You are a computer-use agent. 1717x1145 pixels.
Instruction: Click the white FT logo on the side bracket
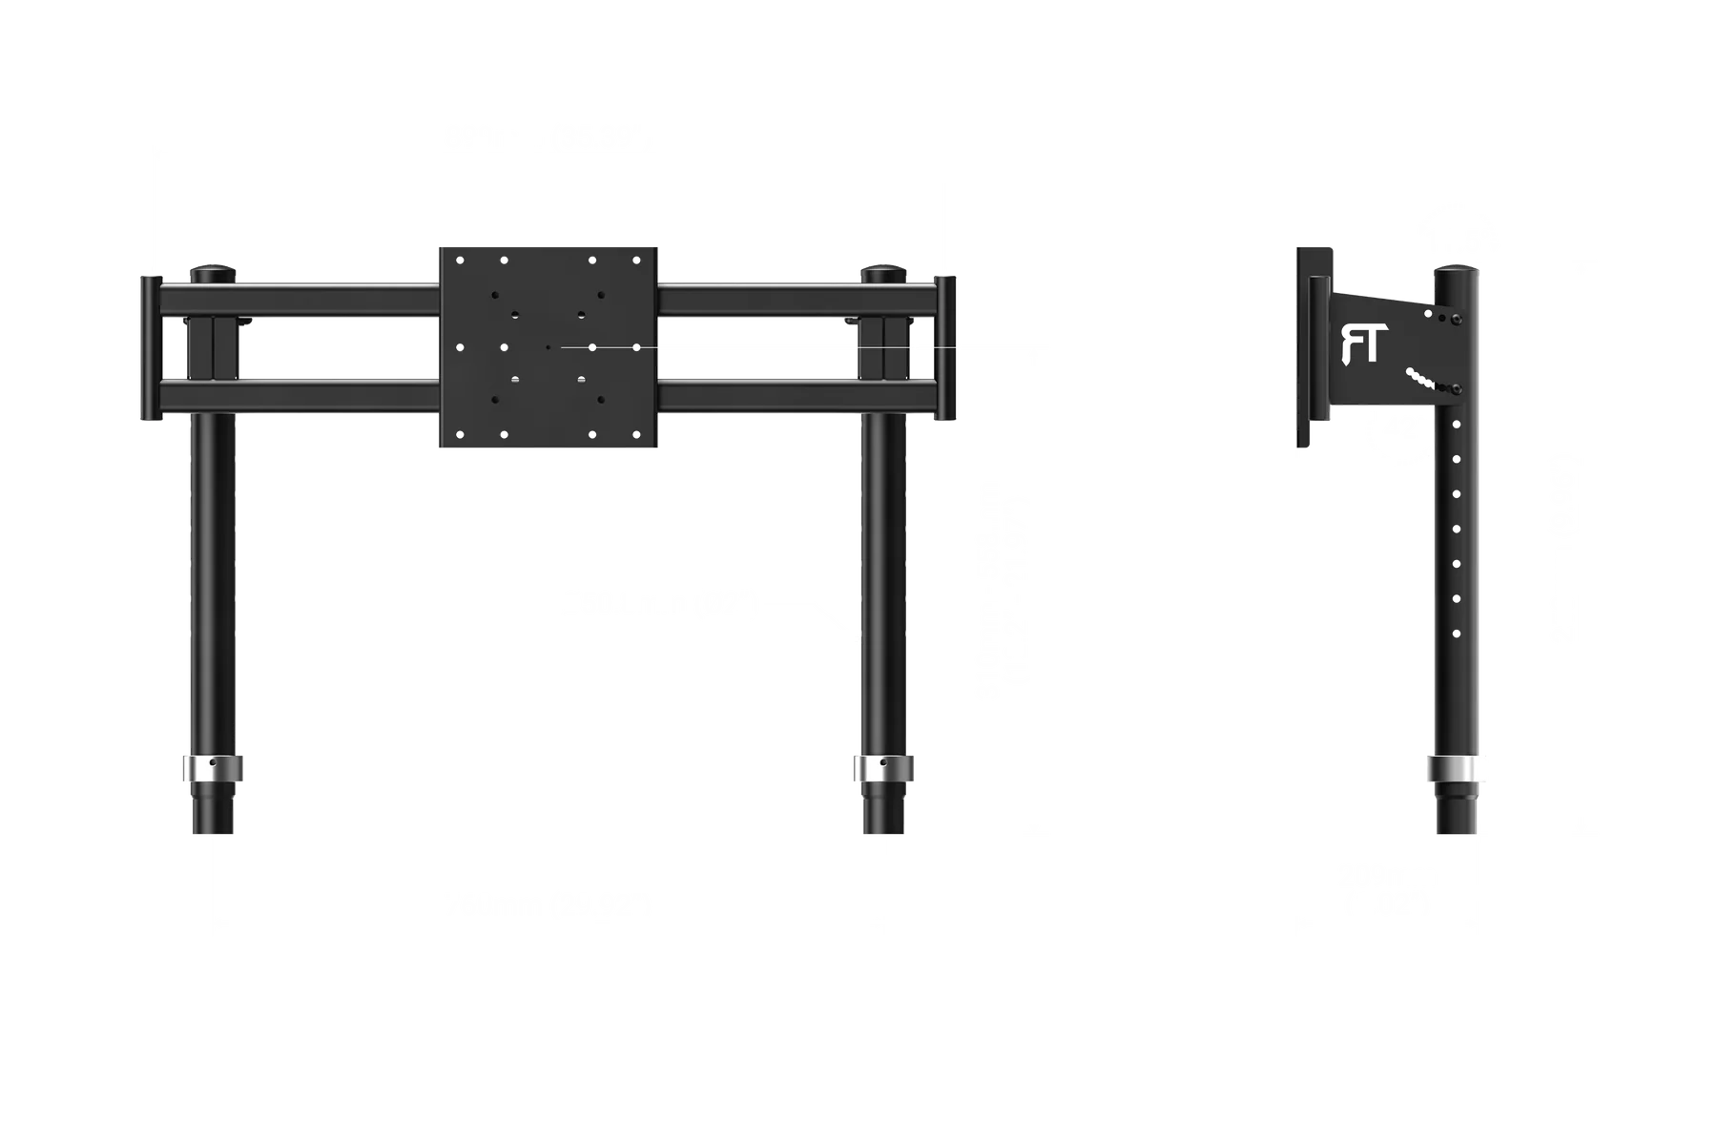point(1360,344)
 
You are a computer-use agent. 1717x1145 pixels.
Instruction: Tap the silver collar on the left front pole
point(213,768)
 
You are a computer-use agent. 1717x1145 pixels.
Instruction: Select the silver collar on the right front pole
point(883,768)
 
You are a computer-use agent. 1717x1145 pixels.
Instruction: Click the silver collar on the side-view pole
point(1457,769)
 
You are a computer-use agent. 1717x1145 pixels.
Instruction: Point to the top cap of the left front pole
point(213,274)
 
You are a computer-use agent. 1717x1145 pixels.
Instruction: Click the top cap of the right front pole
point(883,274)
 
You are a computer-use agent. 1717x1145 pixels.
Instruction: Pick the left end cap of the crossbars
point(152,348)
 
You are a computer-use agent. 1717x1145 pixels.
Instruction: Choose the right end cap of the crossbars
point(945,348)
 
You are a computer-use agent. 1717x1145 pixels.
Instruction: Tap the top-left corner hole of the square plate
point(460,260)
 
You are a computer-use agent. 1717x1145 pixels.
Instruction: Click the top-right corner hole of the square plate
point(637,260)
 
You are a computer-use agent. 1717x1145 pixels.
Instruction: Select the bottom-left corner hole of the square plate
point(460,435)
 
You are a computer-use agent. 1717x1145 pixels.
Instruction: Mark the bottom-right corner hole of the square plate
point(637,435)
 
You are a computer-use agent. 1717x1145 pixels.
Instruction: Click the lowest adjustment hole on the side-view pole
point(1457,634)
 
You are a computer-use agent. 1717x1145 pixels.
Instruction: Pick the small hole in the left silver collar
point(213,763)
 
